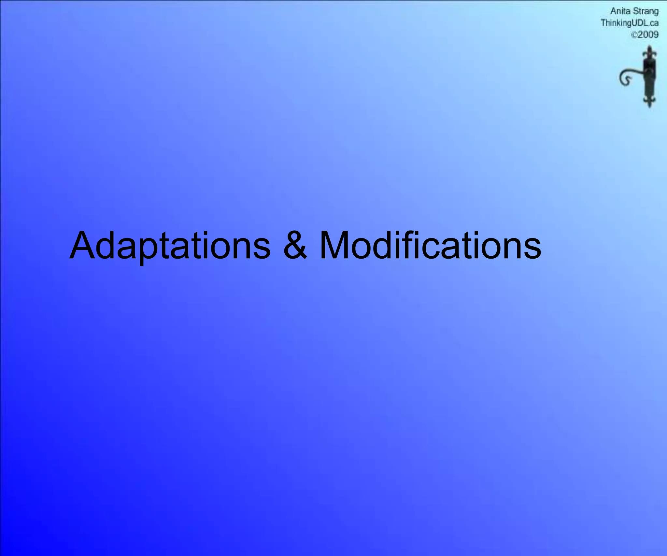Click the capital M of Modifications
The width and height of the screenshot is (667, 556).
pyautogui.click(x=335, y=246)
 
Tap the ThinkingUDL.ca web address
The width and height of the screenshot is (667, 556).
pyautogui.click(x=630, y=23)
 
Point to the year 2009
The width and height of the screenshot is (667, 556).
pyautogui.click(x=648, y=35)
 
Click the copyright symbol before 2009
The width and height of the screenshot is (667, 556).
pyautogui.click(x=634, y=35)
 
